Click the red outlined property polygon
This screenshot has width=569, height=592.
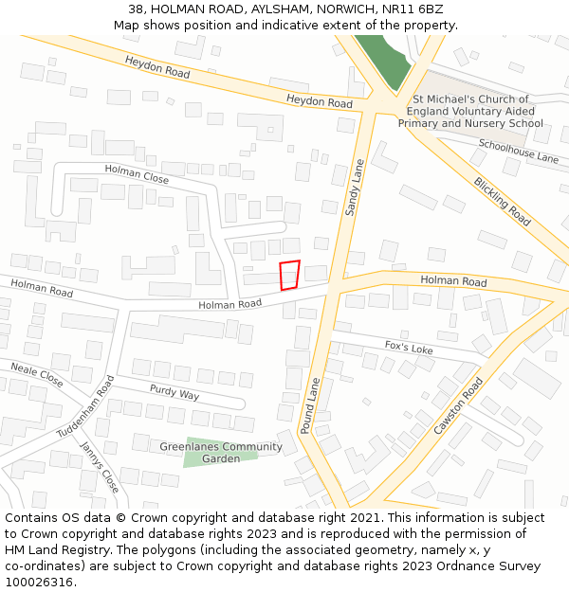pos(290,275)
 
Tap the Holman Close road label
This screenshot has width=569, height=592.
pos(137,173)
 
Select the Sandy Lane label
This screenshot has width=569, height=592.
pos(355,188)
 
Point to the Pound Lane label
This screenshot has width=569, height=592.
pos(312,405)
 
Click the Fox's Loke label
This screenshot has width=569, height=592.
pos(409,348)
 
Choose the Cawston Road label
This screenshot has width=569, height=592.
pos(459,405)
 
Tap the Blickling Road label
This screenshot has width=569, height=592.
pos(503,201)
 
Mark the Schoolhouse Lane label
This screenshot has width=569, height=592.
pos(519,151)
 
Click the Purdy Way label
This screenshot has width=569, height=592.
pos(174,391)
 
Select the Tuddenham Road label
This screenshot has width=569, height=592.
pos(85,405)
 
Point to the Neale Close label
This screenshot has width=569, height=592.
pos(37,374)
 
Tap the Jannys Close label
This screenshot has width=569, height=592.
pos(100,467)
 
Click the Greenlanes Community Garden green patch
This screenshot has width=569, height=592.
pos(220,456)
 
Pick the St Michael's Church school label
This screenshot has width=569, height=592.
pos(470,111)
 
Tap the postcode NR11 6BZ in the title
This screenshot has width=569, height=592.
pos(413,9)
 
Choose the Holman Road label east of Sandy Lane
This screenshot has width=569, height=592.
pos(453,282)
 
